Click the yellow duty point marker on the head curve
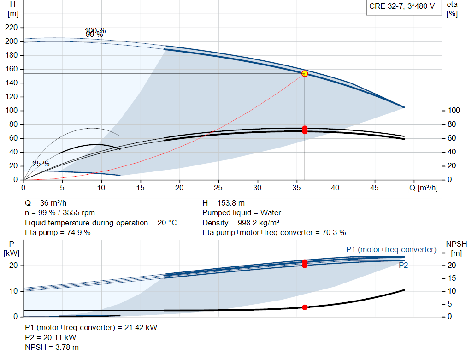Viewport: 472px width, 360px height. (305, 73)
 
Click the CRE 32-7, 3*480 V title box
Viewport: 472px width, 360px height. (402, 6)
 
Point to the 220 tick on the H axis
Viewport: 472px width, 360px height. (12, 27)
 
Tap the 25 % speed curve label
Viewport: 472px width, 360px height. (41, 164)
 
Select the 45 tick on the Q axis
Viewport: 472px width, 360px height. (374, 188)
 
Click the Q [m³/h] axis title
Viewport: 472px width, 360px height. (424, 188)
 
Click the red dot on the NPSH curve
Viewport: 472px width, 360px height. (305, 307)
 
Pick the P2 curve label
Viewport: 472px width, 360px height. (403, 265)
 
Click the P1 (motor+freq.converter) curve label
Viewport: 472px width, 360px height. (391, 249)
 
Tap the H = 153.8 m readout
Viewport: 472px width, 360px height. (224, 203)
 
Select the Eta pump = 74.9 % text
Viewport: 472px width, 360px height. (58, 232)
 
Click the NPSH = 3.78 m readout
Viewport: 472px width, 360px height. (52, 348)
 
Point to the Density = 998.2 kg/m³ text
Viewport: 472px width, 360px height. (241, 223)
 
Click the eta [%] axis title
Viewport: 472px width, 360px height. (452, 9)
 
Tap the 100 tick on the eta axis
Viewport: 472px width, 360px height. (454, 111)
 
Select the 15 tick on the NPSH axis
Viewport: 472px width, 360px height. (452, 278)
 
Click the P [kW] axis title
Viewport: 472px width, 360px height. (12, 248)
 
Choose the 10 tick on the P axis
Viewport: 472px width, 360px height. (13, 291)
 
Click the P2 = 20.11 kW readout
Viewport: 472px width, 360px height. (51, 337)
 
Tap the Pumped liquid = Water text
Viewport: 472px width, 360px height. (242, 213)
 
